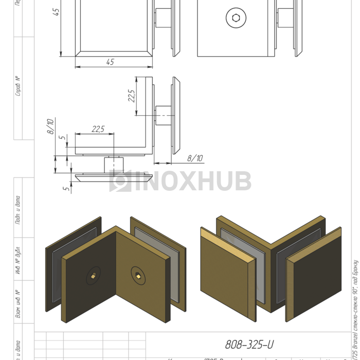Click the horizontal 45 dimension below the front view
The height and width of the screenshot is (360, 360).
pyautogui.click(x=110, y=62)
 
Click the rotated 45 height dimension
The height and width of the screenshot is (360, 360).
pyautogui.click(x=56, y=11)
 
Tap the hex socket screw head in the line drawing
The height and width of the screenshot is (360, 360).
pyautogui.click(x=236, y=18)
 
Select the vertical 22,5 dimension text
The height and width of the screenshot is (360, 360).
pyautogui.click(x=132, y=96)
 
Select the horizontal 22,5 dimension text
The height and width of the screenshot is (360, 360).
pyautogui.click(x=98, y=129)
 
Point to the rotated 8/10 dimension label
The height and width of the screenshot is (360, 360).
pyautogui.click(x=50, y=127)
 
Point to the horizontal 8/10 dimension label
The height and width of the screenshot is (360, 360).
pyautogui.click(x=195, y=158)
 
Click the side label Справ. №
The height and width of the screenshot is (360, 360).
pyautogui.click(x=19, y=86)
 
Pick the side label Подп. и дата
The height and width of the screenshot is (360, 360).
pyautogui.click(x=19, y=210)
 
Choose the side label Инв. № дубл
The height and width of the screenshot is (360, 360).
pyautogui.click(x=19, y=261)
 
